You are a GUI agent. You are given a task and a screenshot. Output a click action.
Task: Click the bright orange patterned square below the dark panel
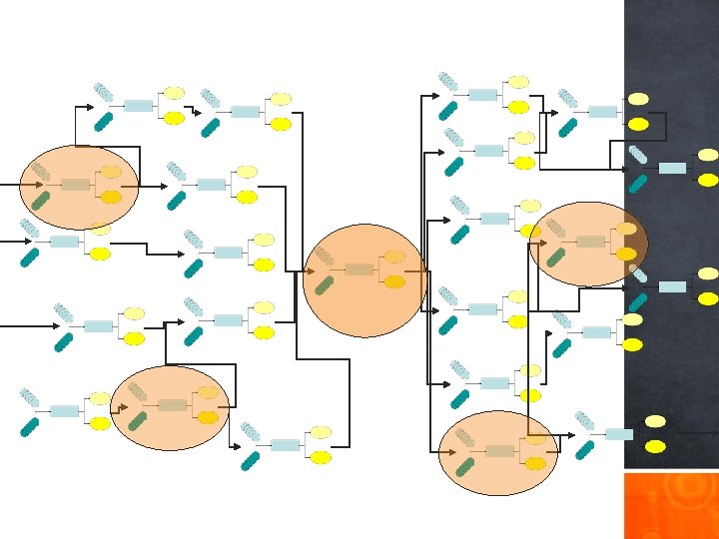[671, 505]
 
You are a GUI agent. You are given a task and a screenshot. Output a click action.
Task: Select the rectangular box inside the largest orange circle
[359, 269]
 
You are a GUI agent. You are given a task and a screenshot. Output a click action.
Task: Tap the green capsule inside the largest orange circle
[325, 285]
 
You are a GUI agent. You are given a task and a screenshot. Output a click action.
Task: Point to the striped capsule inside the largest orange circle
[325, 257]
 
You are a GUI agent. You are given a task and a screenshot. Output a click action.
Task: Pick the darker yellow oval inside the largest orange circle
[395, 282]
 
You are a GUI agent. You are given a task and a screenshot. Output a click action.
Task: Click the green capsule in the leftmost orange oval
[41, 200]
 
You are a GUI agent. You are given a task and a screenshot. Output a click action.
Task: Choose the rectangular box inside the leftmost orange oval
[76, 185]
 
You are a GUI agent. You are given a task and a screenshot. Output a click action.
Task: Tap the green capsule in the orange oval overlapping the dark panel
[556, 257]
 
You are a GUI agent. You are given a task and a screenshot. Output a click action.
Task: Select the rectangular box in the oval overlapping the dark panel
[591, 242]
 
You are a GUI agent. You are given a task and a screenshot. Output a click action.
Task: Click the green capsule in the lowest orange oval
[465, 465]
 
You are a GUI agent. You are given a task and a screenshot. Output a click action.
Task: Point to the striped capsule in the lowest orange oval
[465, 437]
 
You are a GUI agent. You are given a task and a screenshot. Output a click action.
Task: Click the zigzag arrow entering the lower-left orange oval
[119, 406]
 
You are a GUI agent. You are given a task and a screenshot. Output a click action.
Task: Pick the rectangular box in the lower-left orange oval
[172, 405]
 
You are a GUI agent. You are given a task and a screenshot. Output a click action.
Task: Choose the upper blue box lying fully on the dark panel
[672, 168]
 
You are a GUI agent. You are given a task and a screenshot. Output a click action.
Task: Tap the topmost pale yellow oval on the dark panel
[638, 99]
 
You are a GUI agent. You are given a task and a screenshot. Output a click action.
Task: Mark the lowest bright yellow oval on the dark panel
[655, 446]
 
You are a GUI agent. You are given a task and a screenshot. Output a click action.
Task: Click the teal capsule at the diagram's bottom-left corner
[30, 426]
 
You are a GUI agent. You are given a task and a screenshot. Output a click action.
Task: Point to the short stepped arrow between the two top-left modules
[190, 108]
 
